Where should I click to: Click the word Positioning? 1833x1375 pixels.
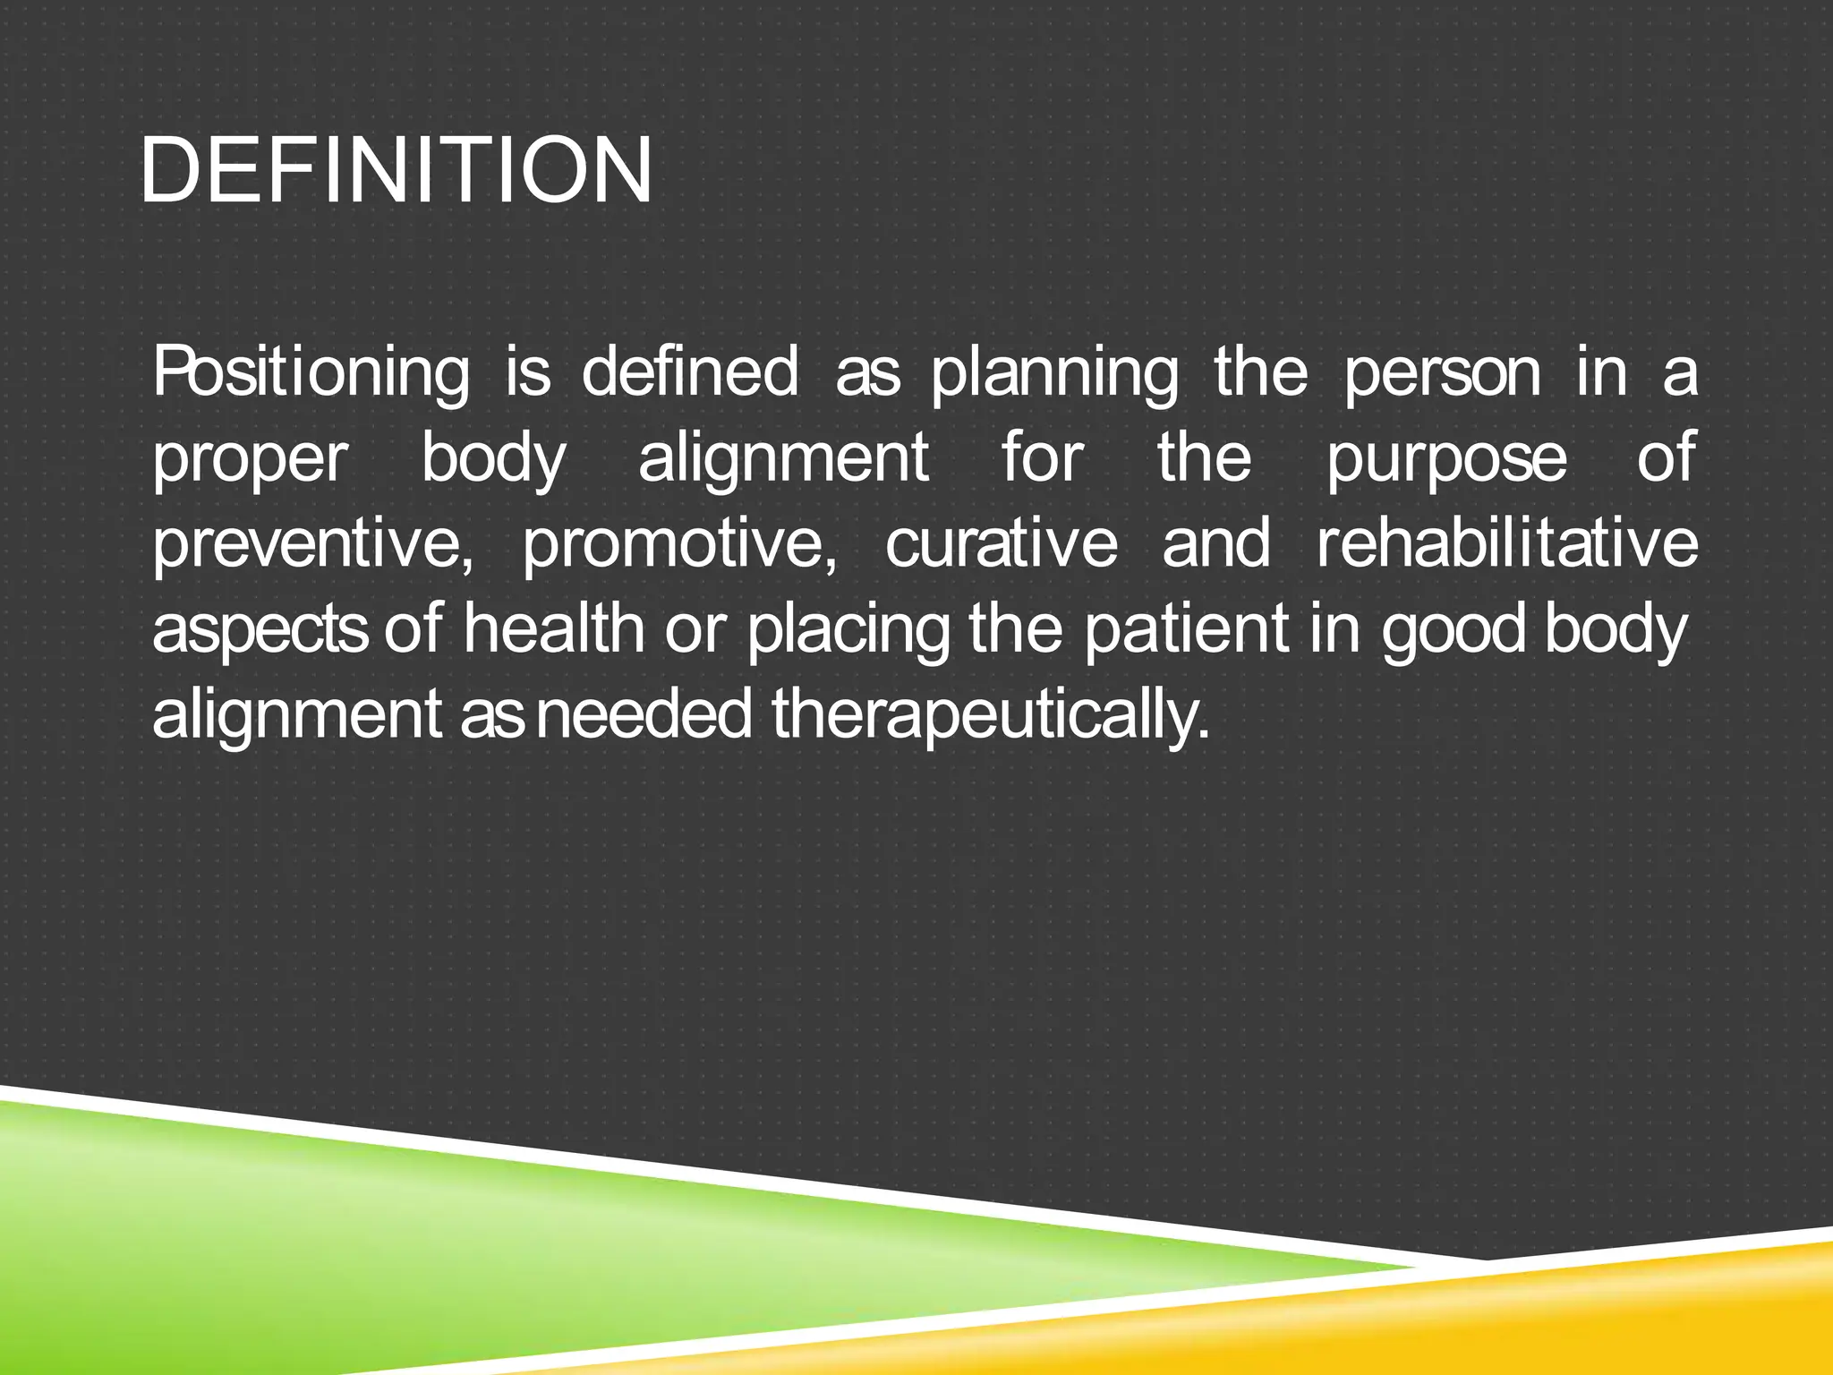tap(310, 374)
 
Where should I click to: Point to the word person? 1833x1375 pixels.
tap(1442, 374)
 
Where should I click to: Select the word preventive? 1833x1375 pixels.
tap(312, 544)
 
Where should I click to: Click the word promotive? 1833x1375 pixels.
tap(680, 544)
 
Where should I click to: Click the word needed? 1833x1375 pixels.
tap(644, 714)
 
